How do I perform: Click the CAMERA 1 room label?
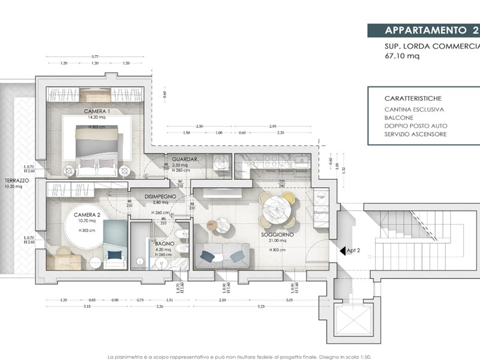[97, 112]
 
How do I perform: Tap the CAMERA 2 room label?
[86, 215]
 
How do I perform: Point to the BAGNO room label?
[164, 244]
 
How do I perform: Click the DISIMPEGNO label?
[160, 196]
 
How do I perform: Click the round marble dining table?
[275, 208]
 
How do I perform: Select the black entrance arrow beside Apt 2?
[342, 252]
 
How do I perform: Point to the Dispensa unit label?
[320, 212]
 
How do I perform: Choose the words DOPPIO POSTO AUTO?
[416, 125]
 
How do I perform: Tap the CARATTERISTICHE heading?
[413, 97]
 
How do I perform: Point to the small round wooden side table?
[212, 224]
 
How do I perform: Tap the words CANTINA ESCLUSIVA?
[414, 109]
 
